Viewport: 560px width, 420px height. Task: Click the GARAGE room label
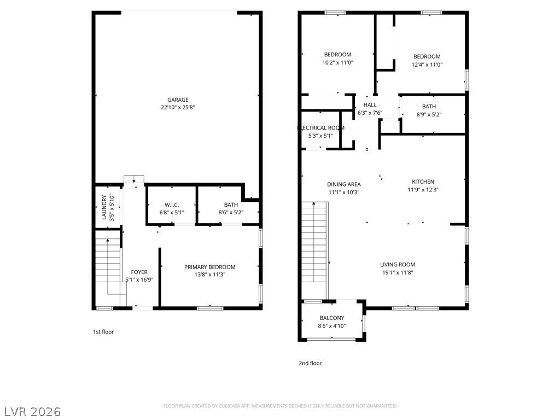(178, 100)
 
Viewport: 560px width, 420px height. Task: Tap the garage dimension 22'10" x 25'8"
(178, 108)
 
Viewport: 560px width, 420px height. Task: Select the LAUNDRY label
(104, 207)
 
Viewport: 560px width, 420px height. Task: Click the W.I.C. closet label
(171, 205)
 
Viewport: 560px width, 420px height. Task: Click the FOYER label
(139, 272)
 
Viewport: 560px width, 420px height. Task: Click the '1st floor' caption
(103, 331)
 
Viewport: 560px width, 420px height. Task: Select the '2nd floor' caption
(310, 363)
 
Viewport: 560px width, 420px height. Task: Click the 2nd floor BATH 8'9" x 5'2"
(429, 110)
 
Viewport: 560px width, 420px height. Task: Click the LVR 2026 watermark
(32, 411)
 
